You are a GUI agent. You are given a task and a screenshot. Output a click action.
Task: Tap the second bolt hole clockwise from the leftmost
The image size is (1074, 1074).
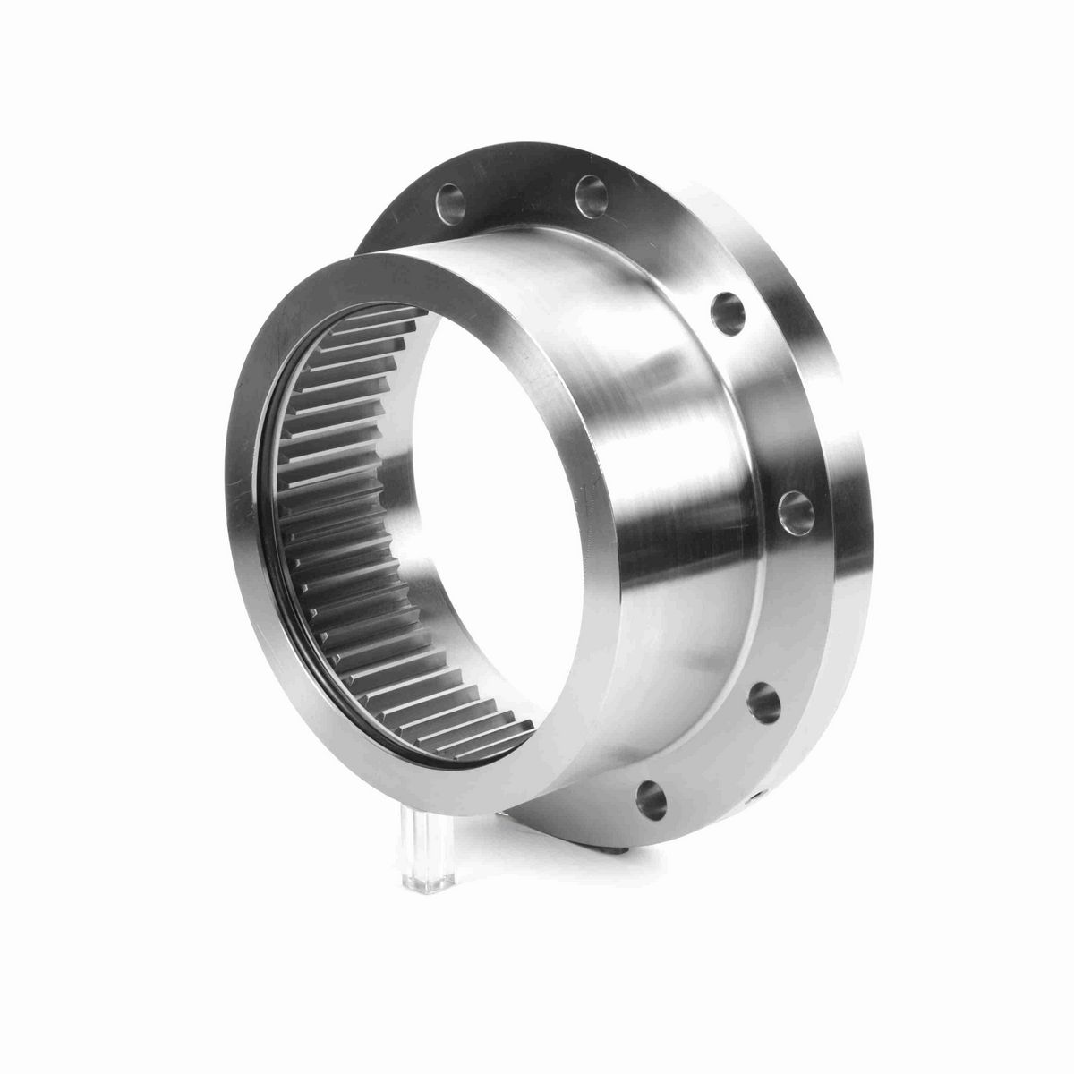coord(592,194)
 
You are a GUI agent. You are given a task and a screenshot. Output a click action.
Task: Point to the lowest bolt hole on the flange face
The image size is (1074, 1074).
coord(652,795)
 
